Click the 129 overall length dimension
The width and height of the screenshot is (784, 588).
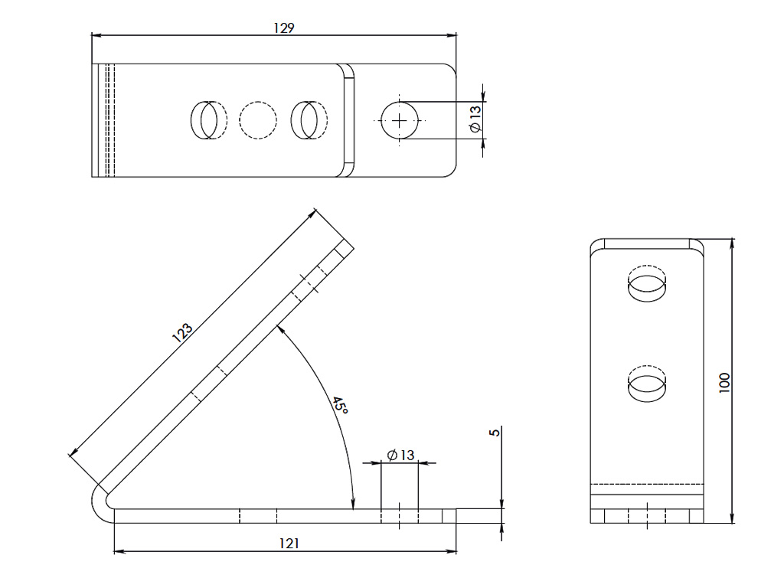click(x=284, y=28)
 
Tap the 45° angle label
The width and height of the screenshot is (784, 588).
click(x=340, y=406)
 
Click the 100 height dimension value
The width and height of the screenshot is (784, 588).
click(x=725, y=382)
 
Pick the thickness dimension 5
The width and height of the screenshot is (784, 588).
click(x=495, y=433)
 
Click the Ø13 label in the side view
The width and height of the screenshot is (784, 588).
click(x=400, y=456)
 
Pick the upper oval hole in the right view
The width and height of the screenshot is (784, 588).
click(x=647, y=285)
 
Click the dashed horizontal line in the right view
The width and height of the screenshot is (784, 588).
click(x=648, y=484)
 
